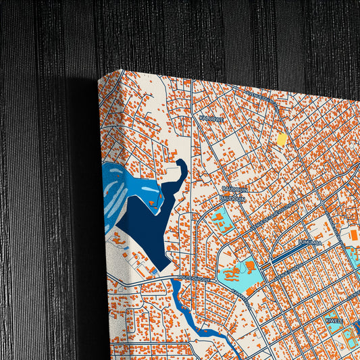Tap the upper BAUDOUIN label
click(x=232, y=189)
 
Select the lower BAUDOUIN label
click(x=232, y=198)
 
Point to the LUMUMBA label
click(x=309, y=239)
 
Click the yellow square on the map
click(x=282, y=140)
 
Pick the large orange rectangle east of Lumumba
click(x=354, y=236)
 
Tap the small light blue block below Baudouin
click(x=219, y=220)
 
